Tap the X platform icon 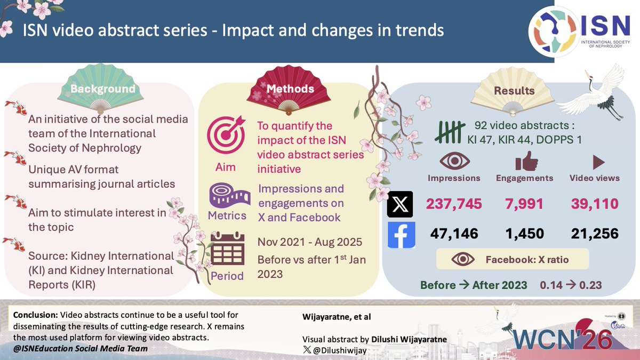[401, 205]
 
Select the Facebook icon [401, 234]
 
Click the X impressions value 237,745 [453, 204]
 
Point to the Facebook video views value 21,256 [594, 233]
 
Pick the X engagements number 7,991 [525, 204]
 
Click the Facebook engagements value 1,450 [525, 233]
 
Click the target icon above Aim [226, 134]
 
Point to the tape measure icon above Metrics [227, 194]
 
